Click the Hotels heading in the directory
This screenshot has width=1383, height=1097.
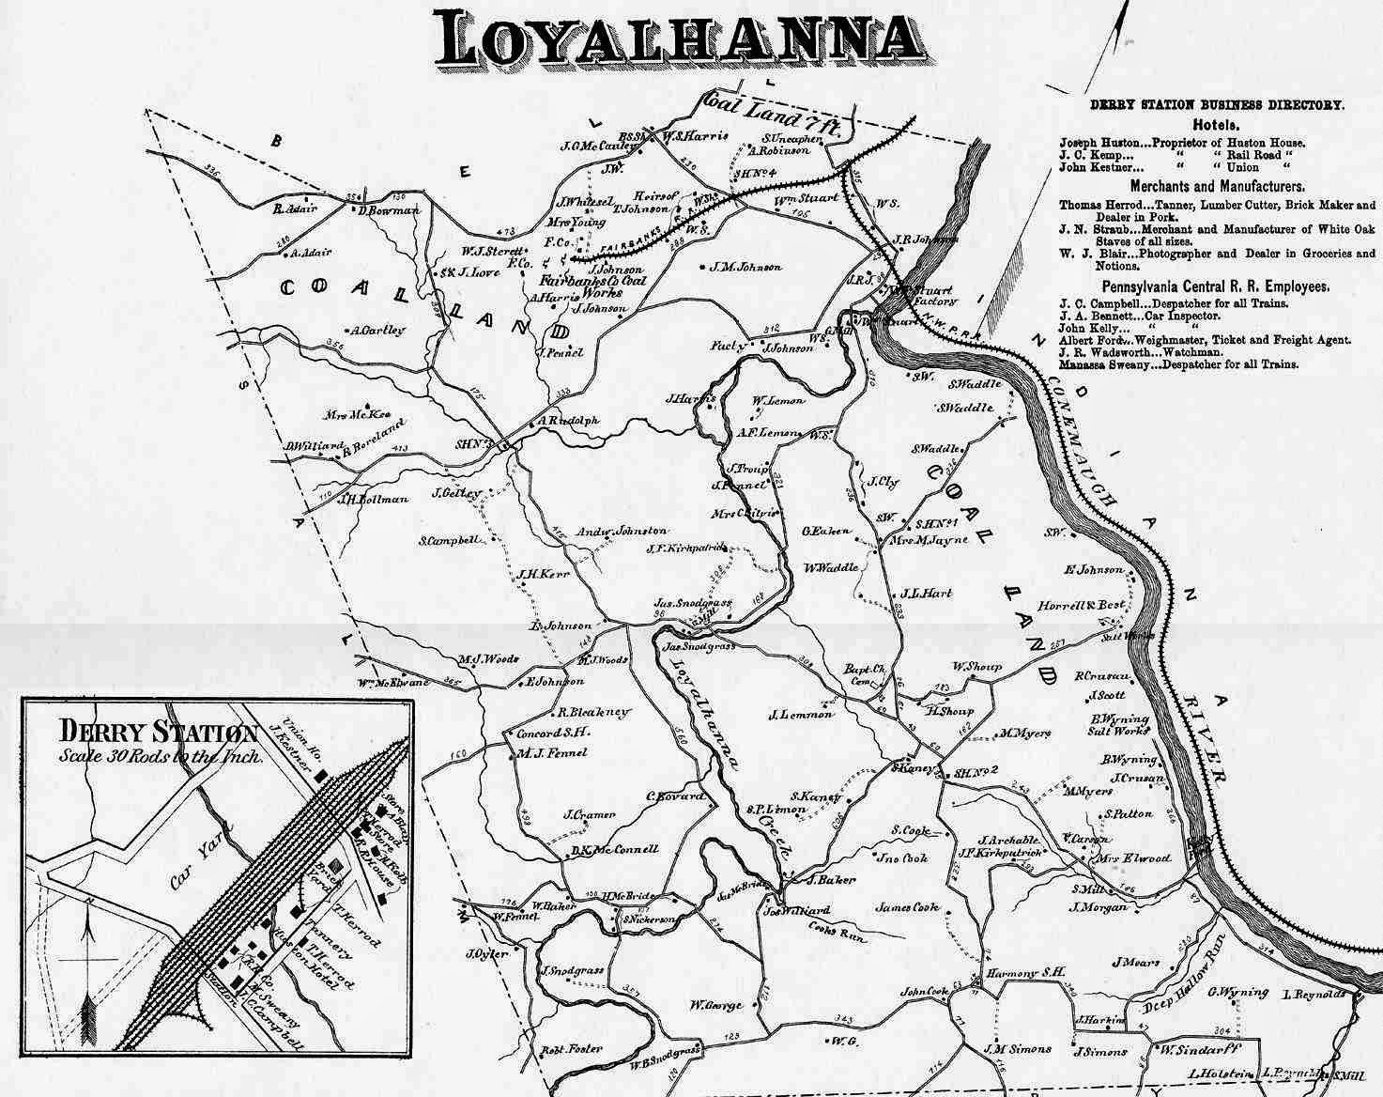1217,125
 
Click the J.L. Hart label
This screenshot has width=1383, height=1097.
926,594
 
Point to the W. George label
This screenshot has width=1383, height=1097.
716,1006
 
